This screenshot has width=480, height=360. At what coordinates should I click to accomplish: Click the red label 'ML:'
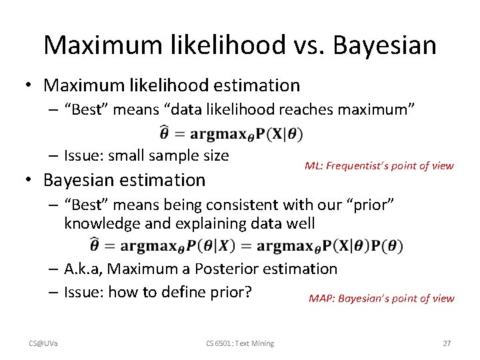314,166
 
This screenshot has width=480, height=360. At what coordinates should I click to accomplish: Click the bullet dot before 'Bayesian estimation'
30,180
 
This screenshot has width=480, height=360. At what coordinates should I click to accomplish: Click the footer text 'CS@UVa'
43,343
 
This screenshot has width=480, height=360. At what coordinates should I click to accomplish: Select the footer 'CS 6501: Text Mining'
239,343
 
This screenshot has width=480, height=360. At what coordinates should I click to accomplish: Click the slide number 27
447,343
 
